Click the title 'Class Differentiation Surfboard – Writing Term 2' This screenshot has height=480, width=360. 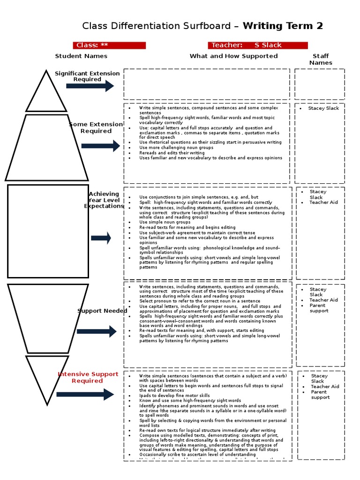[202, 26]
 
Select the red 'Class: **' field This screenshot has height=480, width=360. [109, 45]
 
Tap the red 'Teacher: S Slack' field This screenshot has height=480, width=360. [258, 45]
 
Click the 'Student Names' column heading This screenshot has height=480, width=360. [81, 56]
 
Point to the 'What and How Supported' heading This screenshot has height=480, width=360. [233, 56]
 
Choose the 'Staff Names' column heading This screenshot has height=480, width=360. [321, 59]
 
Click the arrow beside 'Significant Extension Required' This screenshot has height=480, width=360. [90, 86]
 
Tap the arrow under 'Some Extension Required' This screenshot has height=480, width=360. [100, 146]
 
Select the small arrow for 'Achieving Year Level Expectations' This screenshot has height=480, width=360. [101, 238]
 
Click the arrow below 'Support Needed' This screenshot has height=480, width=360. [96, 331]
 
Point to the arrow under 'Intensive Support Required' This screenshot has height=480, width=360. [85, 394]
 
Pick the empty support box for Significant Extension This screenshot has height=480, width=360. [207, 84]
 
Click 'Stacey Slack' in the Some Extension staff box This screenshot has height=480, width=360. [323, 108]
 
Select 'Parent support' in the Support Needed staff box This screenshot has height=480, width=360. [319, 308]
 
